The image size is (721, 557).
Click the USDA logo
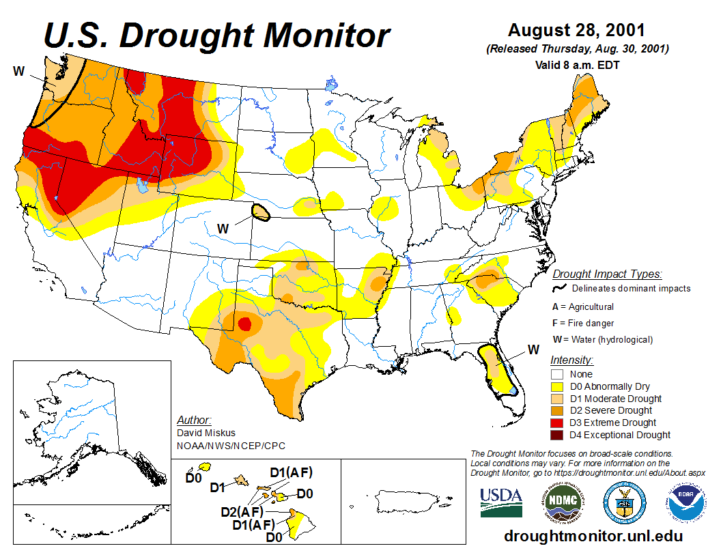tap(501, 502)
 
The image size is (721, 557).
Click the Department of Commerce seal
tap(623, 503)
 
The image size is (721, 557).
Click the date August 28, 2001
tap(577, 31)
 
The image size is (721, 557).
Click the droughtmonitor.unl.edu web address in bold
tap(593, 537)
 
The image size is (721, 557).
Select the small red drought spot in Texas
tap(244, 323)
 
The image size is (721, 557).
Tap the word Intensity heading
tap(571, 360)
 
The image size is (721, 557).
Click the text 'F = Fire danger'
tap(583, 323)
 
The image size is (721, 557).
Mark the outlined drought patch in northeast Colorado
tap(260, 212)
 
